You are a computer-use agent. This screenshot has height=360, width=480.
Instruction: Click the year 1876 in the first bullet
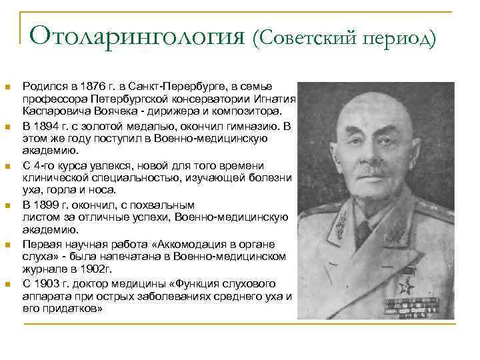pos(92,87)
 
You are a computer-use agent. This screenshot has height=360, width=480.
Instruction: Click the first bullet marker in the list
pos(7,87)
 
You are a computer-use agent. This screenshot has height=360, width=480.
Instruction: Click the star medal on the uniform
pos(405,287)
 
